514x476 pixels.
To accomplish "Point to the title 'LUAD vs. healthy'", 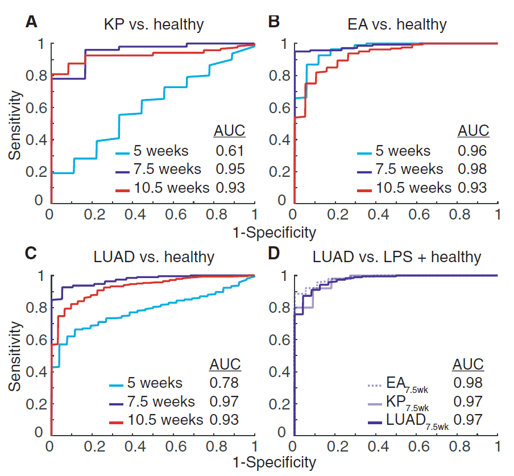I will [x=154, y=257].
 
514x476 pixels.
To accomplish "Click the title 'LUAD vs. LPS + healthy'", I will [x=397, y=257].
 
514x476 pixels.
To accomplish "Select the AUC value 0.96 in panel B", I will [x=473, y=152].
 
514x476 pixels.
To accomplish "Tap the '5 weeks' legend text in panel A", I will [x=160, y=151].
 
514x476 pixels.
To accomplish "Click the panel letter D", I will [x=275, y=255].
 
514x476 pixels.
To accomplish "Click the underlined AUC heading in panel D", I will [x=467, y=364].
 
